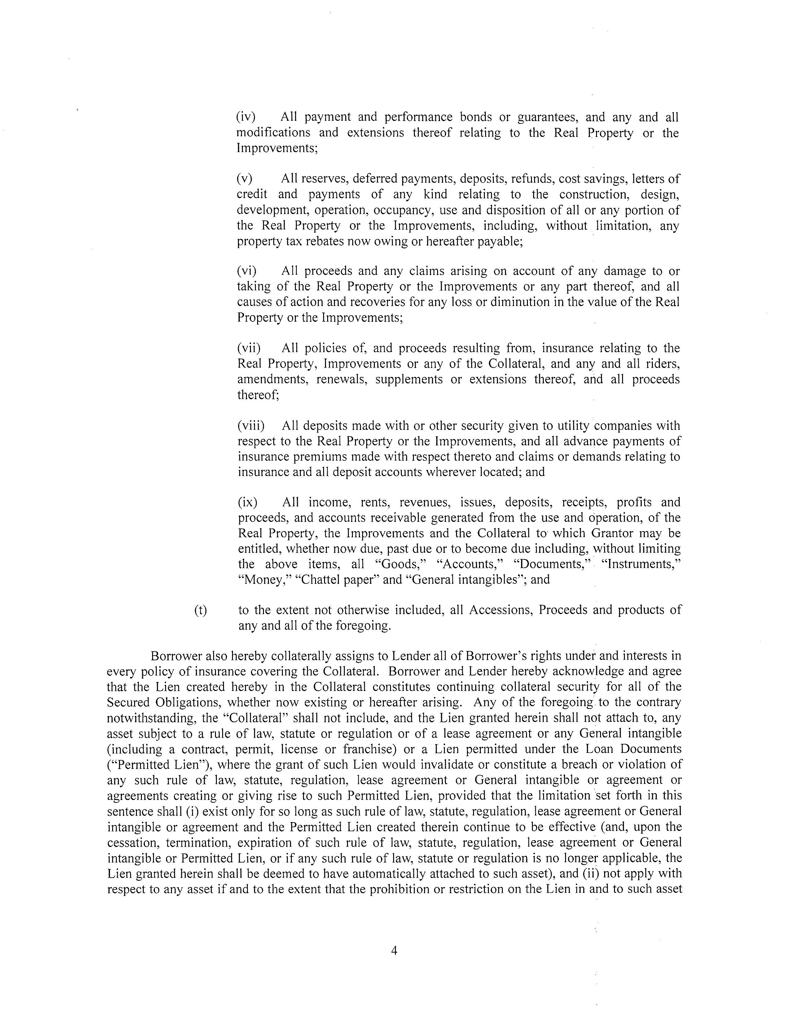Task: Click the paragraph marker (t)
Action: tap(200, 610)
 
